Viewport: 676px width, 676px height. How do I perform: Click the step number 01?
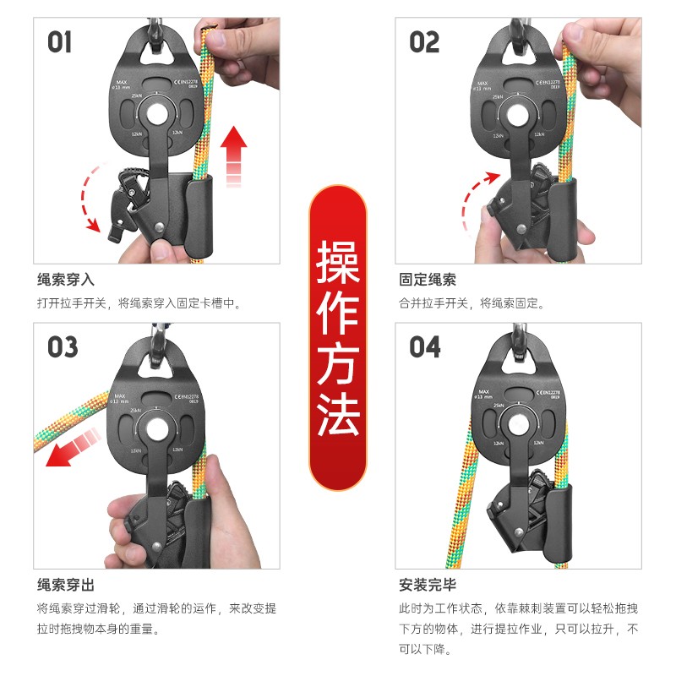(x=60, y=41)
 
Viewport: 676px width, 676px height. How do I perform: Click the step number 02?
(x=424, y=41)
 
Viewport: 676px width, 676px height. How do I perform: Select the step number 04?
(x=425, y=346)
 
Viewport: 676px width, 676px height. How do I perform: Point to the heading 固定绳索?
(x=428, y=280)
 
